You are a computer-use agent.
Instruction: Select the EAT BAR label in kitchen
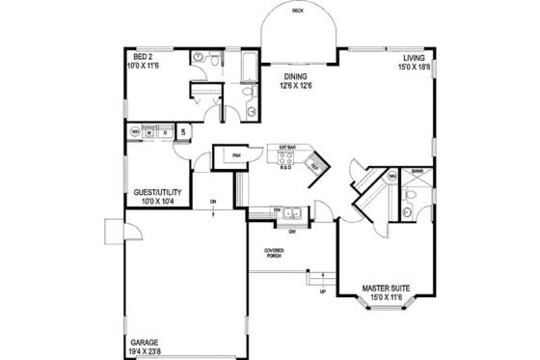tap(286, 148)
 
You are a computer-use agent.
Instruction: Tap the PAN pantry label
tap(234, 152)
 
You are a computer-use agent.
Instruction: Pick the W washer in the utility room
tap(149, 132)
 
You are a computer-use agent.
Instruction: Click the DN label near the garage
tap(213, 201)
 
